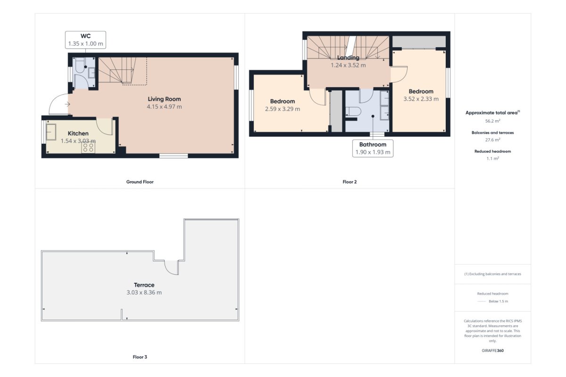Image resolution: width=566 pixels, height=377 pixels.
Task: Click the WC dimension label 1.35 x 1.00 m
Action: pos(86,44)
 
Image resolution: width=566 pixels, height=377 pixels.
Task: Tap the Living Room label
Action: pos(164,99)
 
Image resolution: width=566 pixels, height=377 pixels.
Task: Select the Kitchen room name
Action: pos(78,133)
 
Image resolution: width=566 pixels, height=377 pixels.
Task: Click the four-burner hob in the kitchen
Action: pos(88,148)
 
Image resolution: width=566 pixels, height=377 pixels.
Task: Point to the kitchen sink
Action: pos(51,132)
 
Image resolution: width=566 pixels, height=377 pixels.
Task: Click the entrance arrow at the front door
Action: pos(67,104)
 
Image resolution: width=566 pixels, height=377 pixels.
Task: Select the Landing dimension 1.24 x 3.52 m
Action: pos(348,65)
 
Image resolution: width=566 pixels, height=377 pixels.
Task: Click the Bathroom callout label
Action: pos(373,144)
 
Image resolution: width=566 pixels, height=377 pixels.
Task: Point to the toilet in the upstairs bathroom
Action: pos(353,111)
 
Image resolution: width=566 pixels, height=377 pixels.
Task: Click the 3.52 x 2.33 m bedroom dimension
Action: pos(421,99)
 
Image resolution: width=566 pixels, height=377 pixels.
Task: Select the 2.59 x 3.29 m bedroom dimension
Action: pos(283,109)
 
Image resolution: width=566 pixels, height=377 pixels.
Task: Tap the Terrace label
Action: pos(144,285)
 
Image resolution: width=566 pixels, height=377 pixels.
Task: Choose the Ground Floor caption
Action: pos(140,182)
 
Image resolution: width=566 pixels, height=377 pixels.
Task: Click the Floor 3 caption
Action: pos(140,357)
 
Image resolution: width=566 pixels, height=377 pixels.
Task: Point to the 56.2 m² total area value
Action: pos(493,121)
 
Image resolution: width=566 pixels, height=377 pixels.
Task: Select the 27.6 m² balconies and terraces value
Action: pos(493,139)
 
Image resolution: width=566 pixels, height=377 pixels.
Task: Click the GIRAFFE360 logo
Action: pos(493,351)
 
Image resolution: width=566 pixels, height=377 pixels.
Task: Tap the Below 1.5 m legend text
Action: pos(498,301)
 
